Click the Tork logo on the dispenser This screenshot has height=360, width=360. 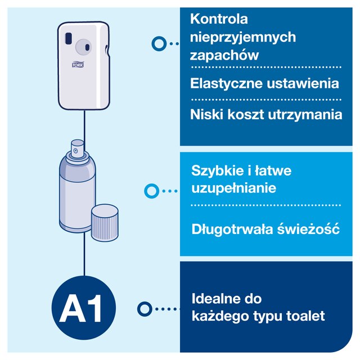(78, 65)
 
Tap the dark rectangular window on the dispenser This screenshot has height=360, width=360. (69, 38)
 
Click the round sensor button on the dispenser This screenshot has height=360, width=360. (83, 47)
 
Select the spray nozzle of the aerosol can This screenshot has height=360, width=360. (77, 148)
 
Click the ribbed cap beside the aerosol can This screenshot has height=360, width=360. (105, 223)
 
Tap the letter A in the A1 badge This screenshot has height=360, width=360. (73, 308)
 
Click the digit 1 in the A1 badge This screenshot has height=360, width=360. (94, 308)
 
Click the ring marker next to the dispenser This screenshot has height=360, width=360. (159, 43)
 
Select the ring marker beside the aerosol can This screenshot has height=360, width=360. (151, 191)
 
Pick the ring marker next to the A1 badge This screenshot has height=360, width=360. (145, 309)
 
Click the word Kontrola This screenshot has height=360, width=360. (219, 19)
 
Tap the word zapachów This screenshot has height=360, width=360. (224, 55)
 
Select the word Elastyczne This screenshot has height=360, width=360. (226, 83)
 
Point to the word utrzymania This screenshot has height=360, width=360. (305, 114)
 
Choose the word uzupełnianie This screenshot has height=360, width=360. (234, 188)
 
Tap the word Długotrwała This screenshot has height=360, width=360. (232, 229)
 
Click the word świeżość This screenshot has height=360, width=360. (308, 228)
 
